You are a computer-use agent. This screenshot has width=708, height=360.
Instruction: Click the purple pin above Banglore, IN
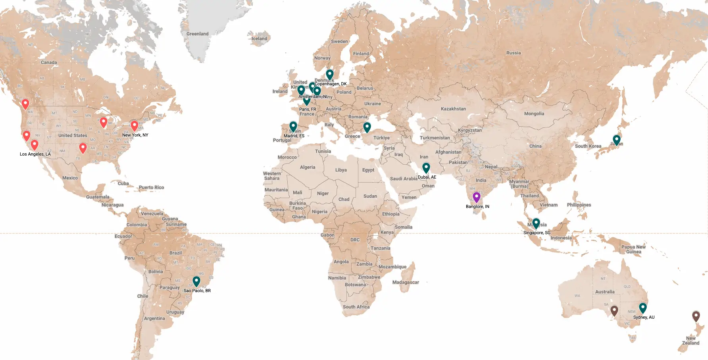(x=476, y=196)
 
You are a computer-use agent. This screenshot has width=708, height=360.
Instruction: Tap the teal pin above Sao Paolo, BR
(x=196, y=281)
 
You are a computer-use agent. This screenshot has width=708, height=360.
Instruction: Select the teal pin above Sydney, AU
(x=643, y=308)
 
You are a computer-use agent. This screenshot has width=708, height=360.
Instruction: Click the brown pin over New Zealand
(x=696, y=316)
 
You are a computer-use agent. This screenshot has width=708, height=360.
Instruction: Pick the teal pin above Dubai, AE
(x=426, y=167)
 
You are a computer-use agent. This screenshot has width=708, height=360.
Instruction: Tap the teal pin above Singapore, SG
(x=536, y=223)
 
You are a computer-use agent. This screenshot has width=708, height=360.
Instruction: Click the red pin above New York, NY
(x=135, y=125)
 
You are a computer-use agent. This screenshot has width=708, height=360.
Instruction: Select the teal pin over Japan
(x=616, y=140)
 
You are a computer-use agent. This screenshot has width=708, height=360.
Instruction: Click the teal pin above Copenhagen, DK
(x=329, y=74)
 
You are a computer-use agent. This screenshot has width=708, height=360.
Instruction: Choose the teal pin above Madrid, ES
(x=293, y=126)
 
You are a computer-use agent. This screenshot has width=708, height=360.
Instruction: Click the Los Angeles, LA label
(x=35, y=154)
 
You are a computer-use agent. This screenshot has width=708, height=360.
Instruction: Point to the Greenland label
(x=197, y=34)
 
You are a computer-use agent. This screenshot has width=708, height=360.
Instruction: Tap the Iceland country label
(x=259, y=39)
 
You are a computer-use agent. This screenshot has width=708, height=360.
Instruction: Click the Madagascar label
(x=405, y=282)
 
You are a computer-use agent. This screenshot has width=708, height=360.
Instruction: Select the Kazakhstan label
(x=453, y=109)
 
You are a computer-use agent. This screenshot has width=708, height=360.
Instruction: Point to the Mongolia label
(x=534, y=114)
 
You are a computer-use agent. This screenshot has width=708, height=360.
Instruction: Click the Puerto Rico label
(x=151, y=187)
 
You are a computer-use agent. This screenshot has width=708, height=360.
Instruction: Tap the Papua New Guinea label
(x=633, y=249)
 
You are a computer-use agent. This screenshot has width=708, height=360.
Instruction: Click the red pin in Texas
(x=83, y=148)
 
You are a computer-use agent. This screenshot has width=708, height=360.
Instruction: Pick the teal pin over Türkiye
(x=367, y=127)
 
